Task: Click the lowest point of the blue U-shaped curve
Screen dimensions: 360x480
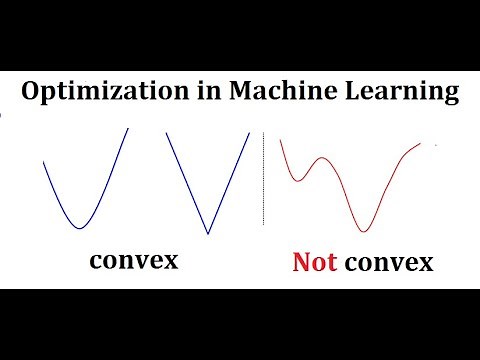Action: pos(79,227)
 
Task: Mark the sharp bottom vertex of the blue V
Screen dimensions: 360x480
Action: pos(208,234)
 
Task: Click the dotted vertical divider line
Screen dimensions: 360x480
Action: pos(263,180)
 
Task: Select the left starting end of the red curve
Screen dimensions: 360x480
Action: pos(281,139)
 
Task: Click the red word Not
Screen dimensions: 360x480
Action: pos(314,263)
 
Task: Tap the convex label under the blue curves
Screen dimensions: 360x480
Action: pos(133,261)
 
